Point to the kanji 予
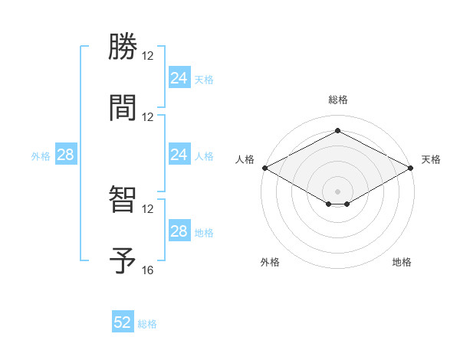(x=123, y=260)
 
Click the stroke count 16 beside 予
(x=148, y=270)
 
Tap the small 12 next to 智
(x=148, y=208)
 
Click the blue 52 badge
(x=123, y=322)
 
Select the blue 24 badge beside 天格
(x=179, y=78)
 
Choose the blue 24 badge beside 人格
(x=179, y=155)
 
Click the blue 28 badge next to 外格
(x=65, y=155)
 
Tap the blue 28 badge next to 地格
(x=179, y=231)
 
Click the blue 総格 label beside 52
(x=147, y=324)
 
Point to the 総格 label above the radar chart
(x=337, y=100)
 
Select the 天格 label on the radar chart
(x=431, y=159)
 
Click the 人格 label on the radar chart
(x=245, y=159)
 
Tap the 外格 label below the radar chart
(x=270, y=263)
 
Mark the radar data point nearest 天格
(x=412, y=168)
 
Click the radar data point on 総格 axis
(x=337, y=131)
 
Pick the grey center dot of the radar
(x=337, y=191)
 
